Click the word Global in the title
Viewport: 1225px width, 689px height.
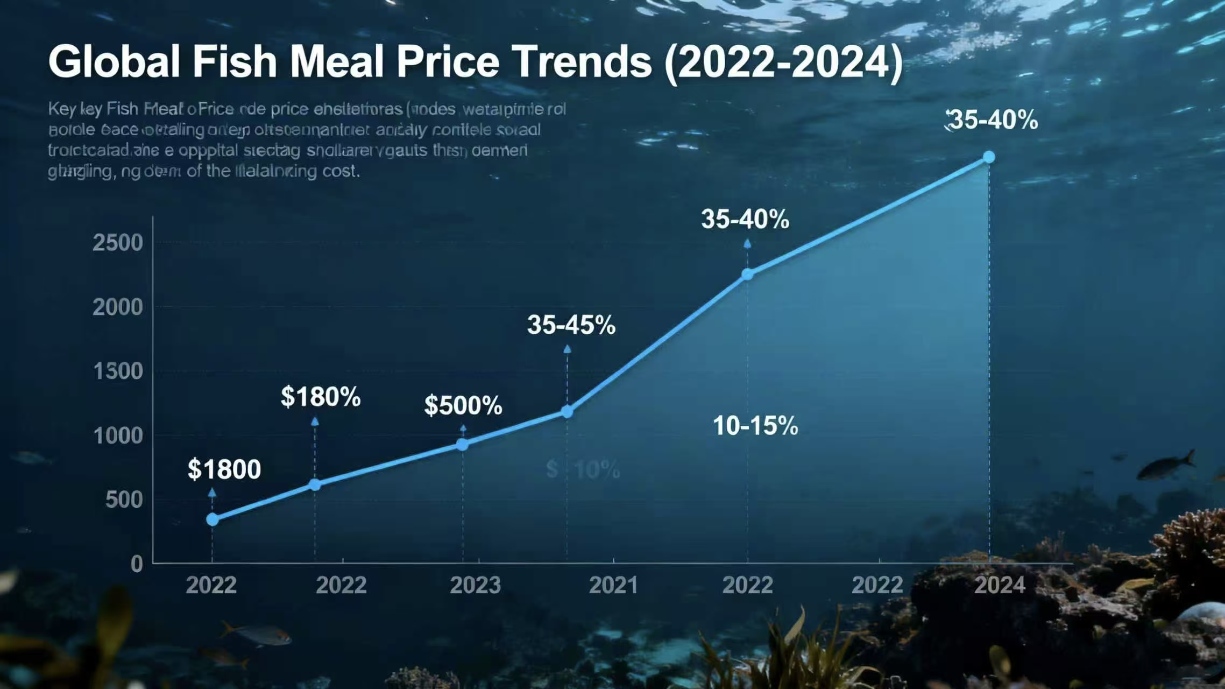tap(115, 62)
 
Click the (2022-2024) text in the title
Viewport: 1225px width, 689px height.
tap(783, 62)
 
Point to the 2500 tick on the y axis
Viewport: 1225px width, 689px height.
tap(118, 243)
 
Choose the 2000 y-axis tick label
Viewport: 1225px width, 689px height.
tap(118, 307)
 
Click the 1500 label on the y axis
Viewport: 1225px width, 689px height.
tap(118, 371)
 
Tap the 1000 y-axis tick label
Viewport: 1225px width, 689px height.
tap(118, 435)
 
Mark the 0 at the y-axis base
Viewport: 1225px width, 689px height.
tap(137, 564)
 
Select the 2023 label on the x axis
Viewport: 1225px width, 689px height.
tap(475, 585)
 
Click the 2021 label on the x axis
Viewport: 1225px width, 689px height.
tap(613, 585)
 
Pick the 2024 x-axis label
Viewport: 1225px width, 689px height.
tap(1000, 585)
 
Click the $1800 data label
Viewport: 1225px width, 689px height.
tap(224, 469)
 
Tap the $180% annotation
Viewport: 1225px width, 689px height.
tap(321, 397)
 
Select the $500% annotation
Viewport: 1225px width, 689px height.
tap(463, 405)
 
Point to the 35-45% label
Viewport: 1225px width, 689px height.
tap(571, 325)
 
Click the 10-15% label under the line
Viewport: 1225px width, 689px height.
tap(755, 426)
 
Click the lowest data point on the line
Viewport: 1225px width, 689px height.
tap(213, 519)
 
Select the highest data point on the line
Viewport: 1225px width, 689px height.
tap(989, 157)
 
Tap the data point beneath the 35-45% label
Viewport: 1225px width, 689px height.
tap(567, 412)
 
